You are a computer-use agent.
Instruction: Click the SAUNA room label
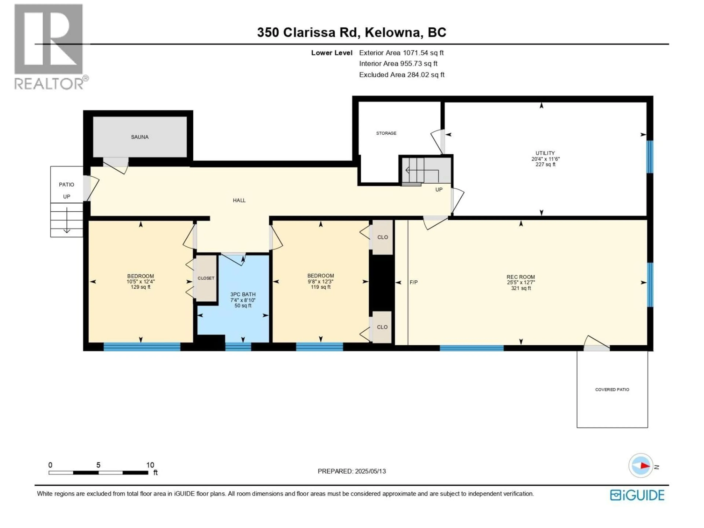(140, 137)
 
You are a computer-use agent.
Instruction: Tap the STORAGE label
(386, 133)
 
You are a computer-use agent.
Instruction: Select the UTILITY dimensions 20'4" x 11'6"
(545, 159)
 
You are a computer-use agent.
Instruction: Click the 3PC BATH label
(243, 294)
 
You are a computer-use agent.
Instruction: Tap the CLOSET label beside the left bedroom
(206, 278)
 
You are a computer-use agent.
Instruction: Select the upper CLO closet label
(383, 237)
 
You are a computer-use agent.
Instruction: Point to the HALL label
(239, 200)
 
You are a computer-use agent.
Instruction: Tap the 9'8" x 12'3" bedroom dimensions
(320, 282)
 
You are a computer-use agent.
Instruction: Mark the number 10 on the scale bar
(150, 465)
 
